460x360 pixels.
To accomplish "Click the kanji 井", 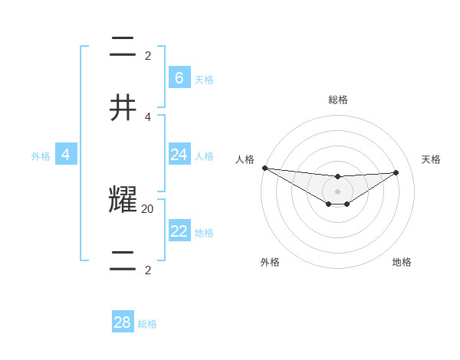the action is click(x=123, y=108).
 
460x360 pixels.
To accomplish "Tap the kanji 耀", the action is click(x=123, y=201).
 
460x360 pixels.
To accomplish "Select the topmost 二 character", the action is click(x=123, y=47).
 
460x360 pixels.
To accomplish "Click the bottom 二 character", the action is click(x=123, y=260).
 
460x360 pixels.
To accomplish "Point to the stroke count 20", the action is click(x=148, y=208).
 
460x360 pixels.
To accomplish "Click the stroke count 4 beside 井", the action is click(x=148, y=116).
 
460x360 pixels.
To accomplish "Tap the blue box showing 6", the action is click(x=179, y=78).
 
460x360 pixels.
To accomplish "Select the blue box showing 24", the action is click(x=179, y=155).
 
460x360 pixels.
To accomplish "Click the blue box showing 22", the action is click(x=179, y=231).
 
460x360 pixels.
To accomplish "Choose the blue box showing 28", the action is click(x=122, y=322).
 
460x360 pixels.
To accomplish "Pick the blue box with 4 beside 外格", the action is click(x=66, y=155).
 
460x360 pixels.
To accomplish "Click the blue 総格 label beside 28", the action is click(x=147, y=324).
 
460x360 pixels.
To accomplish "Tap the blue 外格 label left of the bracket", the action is click(x=41, y=155).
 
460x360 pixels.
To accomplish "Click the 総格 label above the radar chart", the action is click(x=337, y=100).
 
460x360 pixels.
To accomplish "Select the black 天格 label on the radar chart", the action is click(x=431, y=159).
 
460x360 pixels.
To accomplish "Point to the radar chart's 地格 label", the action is click(x=402, y=262).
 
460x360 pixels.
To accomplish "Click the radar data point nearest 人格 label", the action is click(x=264, y=168).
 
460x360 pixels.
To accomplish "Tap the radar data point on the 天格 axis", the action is click(x=396, y=172).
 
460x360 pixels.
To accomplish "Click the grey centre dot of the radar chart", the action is click(x=337, y=191).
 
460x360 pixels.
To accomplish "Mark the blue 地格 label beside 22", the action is click(x=204, y=232).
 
